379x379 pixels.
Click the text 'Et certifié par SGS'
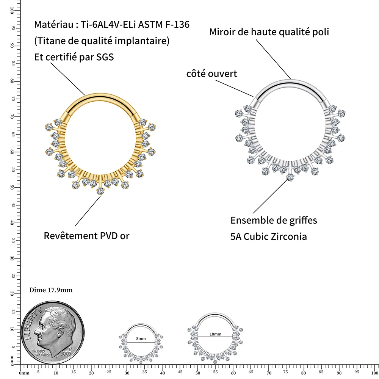[74, 57]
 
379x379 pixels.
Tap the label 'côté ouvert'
[211, 74]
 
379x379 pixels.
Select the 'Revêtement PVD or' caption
[86, 236]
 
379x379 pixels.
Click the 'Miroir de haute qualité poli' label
[269, 32]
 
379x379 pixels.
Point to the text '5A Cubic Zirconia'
[269, 236]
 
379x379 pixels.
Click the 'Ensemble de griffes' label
[274, 220]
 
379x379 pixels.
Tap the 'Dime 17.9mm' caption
[51, 290]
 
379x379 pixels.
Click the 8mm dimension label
[141, 338]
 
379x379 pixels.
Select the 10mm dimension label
[215, 334]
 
